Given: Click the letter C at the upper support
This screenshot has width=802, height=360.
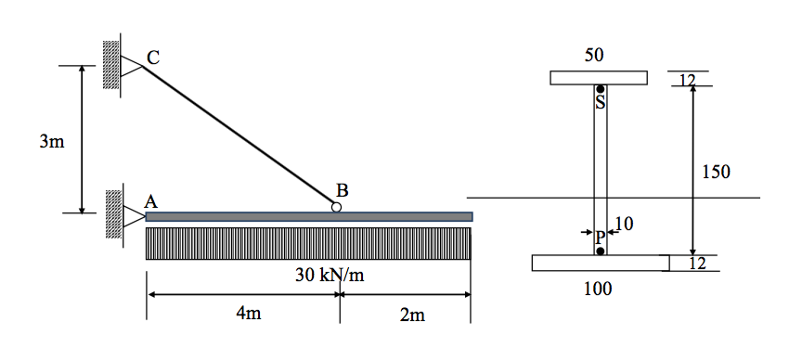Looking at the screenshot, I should [x=153, y=58].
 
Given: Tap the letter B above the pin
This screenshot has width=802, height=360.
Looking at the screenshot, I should [x=342, y=190].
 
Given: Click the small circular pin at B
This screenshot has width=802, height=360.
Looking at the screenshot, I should [x=336, y=208].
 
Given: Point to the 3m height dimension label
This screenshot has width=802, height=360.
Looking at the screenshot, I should [x=51, y=142].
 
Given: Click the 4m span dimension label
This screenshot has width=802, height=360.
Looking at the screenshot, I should [x=249, y=315].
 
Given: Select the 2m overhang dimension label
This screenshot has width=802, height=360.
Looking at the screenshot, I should [x=412, y=315].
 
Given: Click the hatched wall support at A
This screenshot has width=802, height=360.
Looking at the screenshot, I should [x=113, y=212].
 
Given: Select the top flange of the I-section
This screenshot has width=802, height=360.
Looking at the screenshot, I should [x=598, y=77].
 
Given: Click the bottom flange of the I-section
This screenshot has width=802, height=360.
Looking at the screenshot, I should [x=600, y=263].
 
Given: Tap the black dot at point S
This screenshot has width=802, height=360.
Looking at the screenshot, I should [x=601, y=89].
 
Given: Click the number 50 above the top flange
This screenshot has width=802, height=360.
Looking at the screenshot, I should [x=594, y=56].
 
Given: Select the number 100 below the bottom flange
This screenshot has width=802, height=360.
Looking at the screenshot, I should [x=598, y=289].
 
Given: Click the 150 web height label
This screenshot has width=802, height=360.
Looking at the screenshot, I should [x=716, y=172].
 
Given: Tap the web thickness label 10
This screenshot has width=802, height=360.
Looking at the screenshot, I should [x=624, y=224].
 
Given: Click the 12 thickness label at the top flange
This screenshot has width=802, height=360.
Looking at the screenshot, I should [x=687, y=79].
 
